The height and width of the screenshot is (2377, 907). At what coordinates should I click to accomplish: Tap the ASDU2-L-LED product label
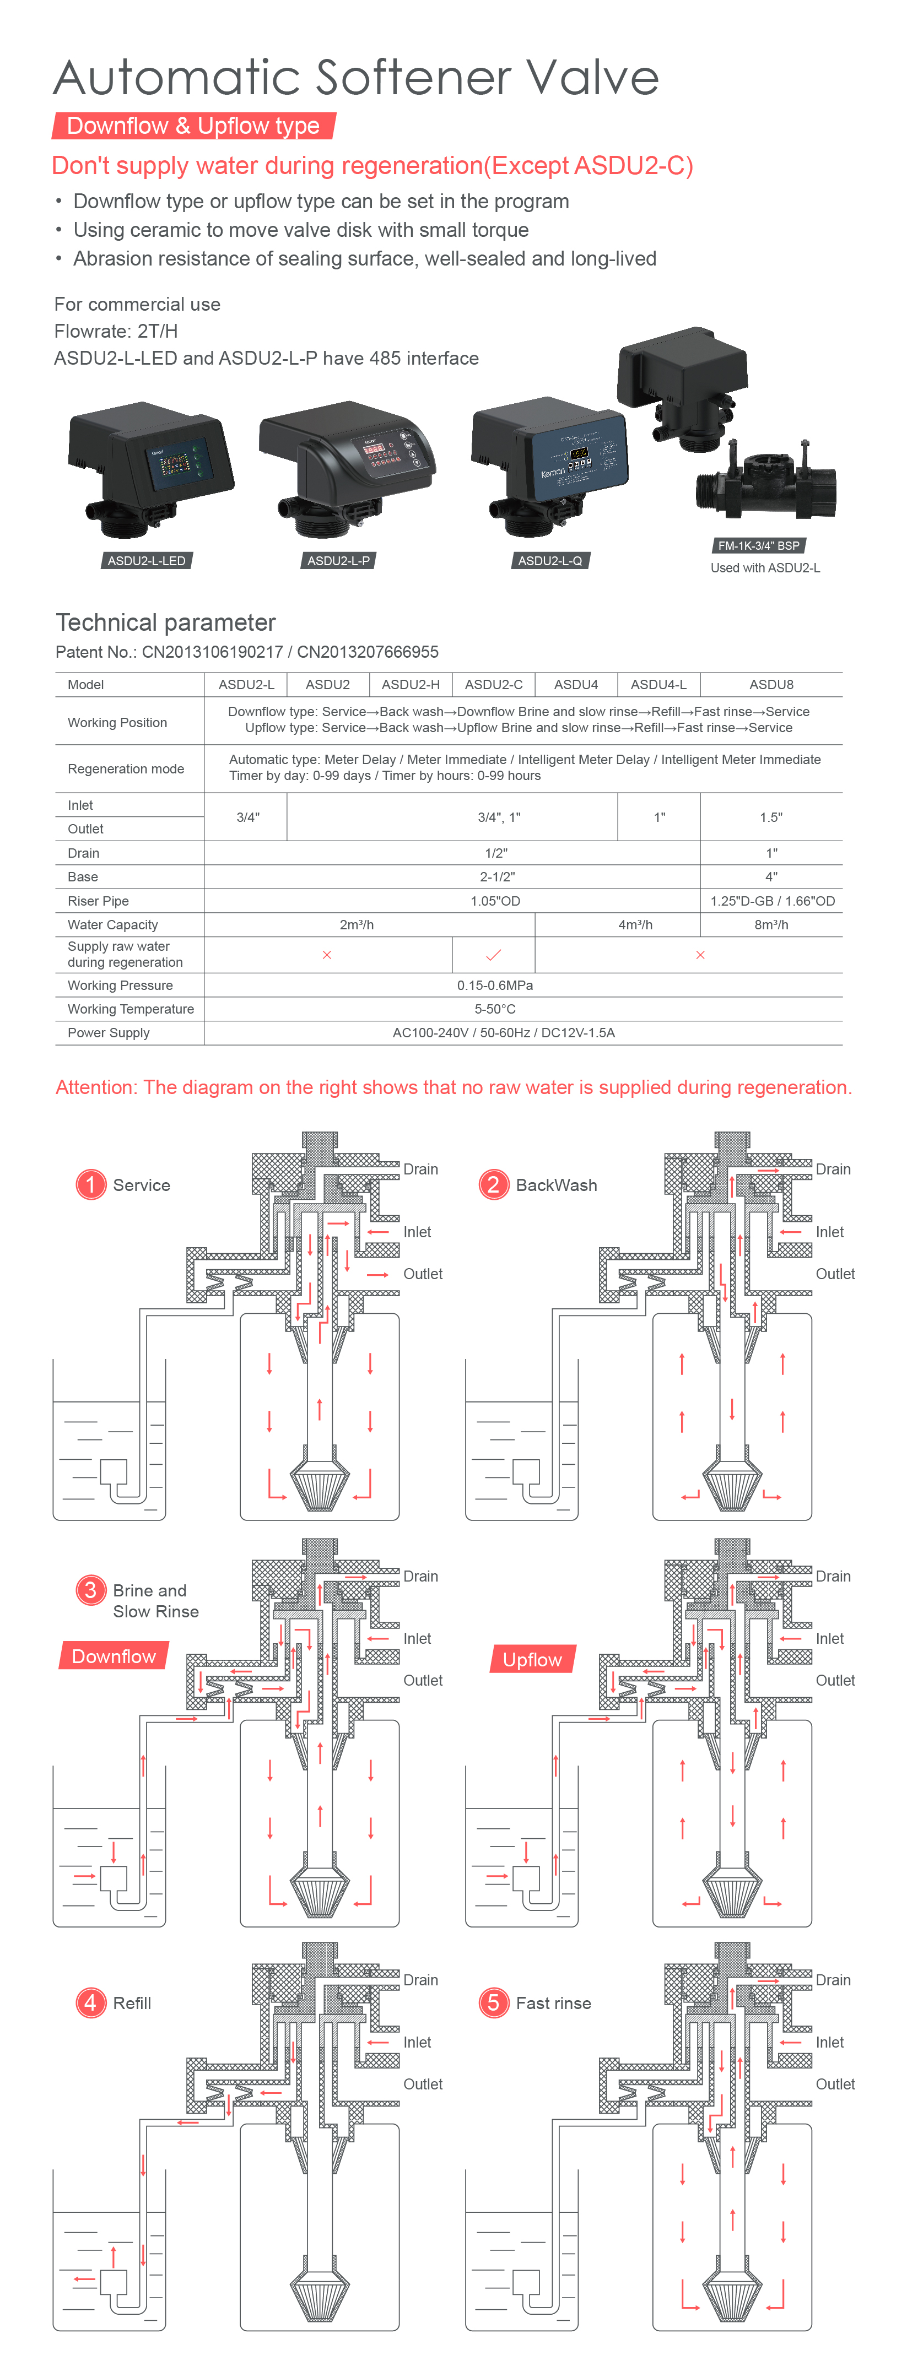tap(146, 560)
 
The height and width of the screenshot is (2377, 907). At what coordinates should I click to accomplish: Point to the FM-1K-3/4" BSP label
tap(758, 545)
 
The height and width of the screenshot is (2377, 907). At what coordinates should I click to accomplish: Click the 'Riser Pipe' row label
tap(98, 901)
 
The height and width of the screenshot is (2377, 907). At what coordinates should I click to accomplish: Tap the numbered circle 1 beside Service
tap(90, 1184)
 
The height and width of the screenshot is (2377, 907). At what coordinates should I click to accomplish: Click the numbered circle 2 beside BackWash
tap(494, 1184)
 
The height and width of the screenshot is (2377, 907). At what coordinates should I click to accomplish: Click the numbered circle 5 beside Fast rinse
tap(494, 2002)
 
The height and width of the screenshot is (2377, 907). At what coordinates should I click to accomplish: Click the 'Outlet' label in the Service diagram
tap(423, 1274)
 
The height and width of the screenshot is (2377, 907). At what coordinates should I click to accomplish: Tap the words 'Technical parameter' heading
tap(166, 622)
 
